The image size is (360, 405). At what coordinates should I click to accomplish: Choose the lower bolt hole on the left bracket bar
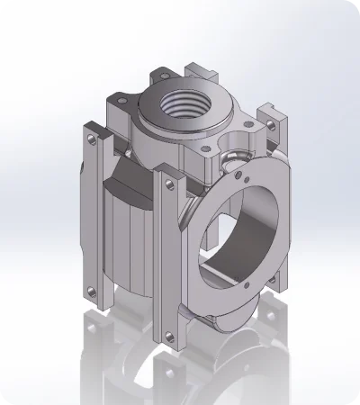tap(93, 290)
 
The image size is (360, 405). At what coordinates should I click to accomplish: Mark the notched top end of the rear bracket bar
tap(200, 68)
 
